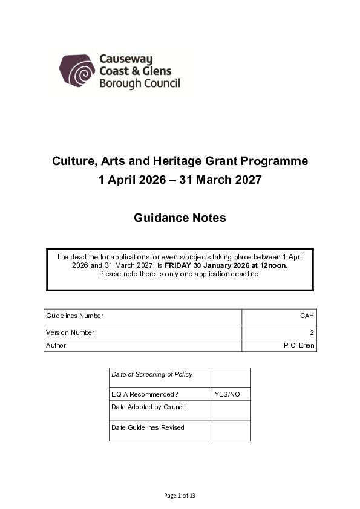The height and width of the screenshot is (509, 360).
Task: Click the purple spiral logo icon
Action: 77,72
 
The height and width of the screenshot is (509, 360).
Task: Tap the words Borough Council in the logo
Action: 139,83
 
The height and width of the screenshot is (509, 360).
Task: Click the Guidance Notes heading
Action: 180,218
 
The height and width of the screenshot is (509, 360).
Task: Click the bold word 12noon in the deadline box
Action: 273,265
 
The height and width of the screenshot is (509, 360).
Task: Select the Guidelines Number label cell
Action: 74,316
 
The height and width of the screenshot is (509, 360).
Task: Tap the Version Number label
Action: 70,332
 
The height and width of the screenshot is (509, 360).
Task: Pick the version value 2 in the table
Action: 313,332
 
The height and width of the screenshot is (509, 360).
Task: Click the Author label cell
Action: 56,345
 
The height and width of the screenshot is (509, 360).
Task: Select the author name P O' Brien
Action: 299,345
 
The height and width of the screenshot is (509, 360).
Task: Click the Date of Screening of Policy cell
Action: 152,374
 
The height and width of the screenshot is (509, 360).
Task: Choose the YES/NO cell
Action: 227,394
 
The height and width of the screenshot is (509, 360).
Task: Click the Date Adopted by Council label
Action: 148,407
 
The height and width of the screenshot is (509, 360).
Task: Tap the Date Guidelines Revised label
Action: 148,427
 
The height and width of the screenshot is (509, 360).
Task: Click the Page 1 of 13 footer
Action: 180,496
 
